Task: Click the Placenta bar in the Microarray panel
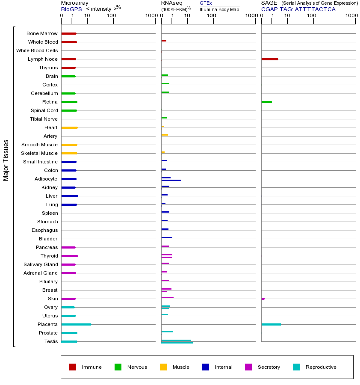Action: pos(76,324)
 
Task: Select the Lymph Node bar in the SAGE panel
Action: pos(269,59)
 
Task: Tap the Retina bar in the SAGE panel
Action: pos(266,102)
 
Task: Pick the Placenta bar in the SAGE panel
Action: pos(271,324)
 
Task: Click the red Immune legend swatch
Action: pos(73,367)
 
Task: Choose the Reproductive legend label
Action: pos(321,367)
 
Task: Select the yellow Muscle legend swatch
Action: pos(163,367)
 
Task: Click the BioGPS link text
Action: pos(70,9)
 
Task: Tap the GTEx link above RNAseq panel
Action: pos(206,3)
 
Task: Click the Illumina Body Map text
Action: pos(219,9)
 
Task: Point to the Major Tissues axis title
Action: pos(6,160)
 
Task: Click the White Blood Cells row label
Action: pos(37,50)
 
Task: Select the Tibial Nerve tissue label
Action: pos(44,119)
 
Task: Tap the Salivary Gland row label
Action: pos(41,264)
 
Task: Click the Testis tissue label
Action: pos(51,341)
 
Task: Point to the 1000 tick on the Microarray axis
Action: pos(150,16)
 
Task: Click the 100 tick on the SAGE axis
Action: pos(312,16)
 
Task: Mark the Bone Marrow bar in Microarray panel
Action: pos(69,33)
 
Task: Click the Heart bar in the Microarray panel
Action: pos(69,127)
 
